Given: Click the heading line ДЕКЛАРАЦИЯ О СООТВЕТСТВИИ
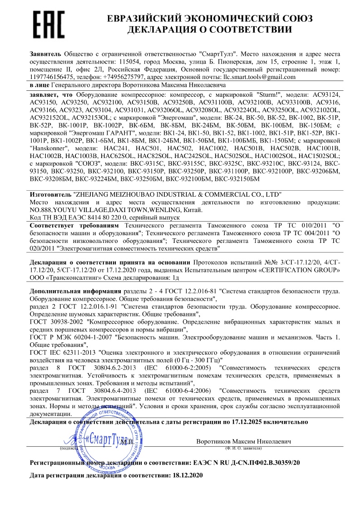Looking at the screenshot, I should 209,30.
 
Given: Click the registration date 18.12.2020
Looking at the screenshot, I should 186,475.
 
